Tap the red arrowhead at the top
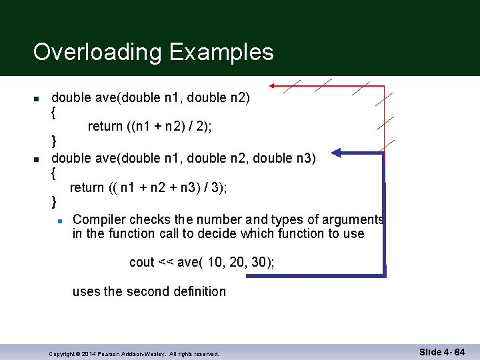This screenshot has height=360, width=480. pos(273,86)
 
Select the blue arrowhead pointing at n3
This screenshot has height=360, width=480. pos(337,154)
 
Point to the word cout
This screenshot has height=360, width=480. pos(142,262)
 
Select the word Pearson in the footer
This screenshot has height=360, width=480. pos(111,353)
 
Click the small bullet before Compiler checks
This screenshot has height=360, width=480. pos(59,220)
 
